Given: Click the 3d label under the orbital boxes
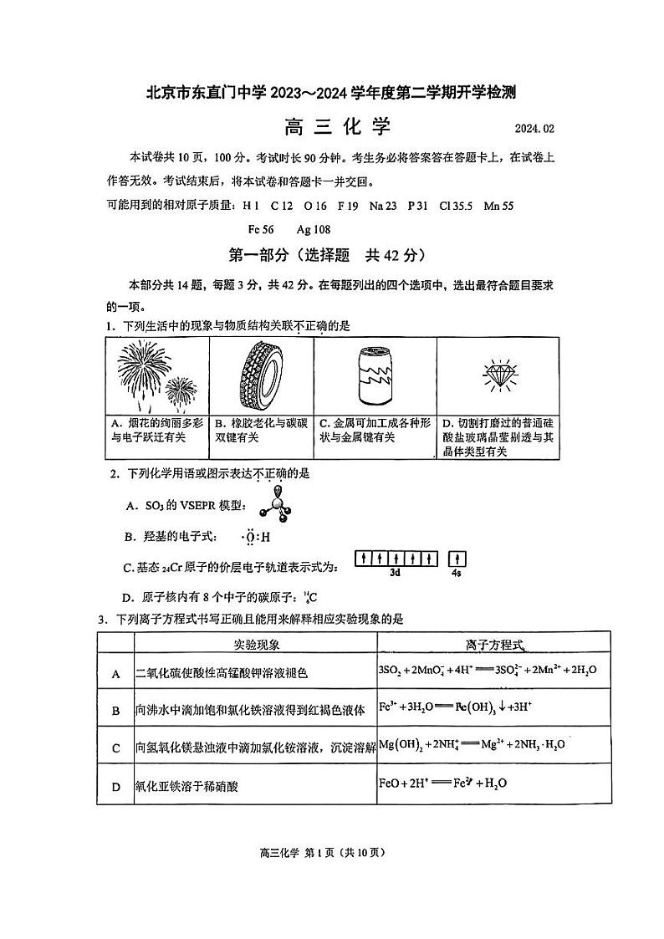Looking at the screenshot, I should [x=396, y=574].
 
